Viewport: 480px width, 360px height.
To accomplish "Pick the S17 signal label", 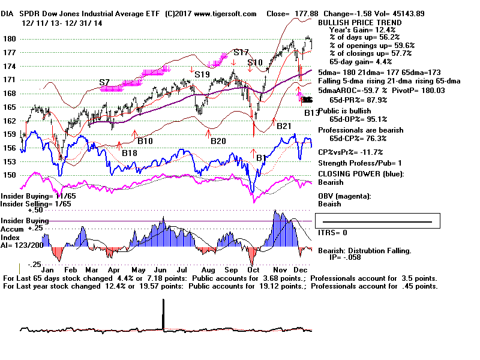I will pyautogui.click(x=241, y=52).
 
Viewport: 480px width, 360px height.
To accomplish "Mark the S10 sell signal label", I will pyautogui.click(x=255, y=62).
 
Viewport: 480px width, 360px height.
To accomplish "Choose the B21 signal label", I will pyautogui.click(x=284, y=125).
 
